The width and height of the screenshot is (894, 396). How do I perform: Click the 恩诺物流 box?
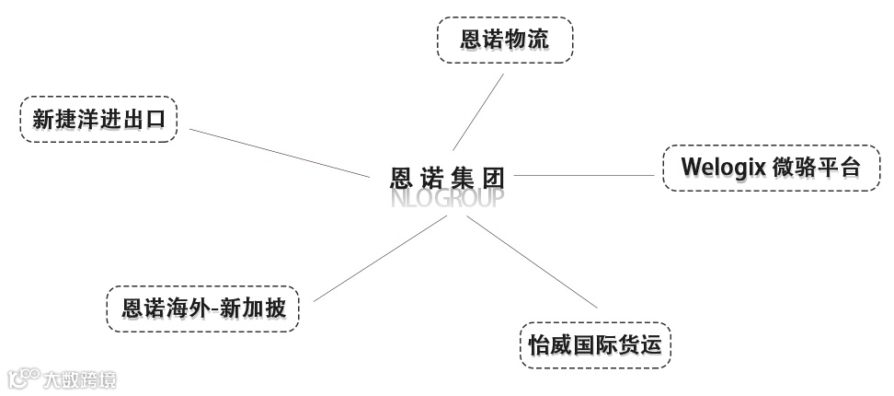(x=504, y=40)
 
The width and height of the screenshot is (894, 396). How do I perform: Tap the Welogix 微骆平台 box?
(x=771, y=167)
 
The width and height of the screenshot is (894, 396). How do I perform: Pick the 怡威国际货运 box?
(x=594, y=344)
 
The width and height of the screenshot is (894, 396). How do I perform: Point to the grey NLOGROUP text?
(x=447, y=198)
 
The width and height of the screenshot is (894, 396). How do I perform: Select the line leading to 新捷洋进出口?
(x=276, y=152)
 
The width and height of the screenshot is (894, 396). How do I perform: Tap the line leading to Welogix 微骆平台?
(x=589, y=174)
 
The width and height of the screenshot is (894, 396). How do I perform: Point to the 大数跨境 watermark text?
(x=81, y=379)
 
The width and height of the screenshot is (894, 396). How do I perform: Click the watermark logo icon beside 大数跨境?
(x=23, y=379)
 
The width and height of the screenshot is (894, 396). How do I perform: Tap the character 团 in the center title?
(x=495, y=175)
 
